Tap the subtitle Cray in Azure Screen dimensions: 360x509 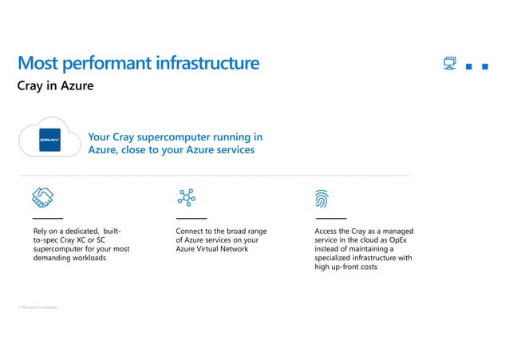click(56, 85)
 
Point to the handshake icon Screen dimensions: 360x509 click(42, 197)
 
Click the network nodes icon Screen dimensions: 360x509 click(187, 197)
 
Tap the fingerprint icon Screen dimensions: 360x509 click(323, 198)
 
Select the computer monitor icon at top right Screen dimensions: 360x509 click(450, 64)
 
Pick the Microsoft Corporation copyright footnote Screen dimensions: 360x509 click(37, 307)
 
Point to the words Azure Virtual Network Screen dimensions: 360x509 click(212, 249)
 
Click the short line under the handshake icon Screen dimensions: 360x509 click(47, 218)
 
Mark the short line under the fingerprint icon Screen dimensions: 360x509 click(331, 218)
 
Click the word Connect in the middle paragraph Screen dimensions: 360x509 click(189, 231)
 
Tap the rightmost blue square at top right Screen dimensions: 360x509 click(485, 67)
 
